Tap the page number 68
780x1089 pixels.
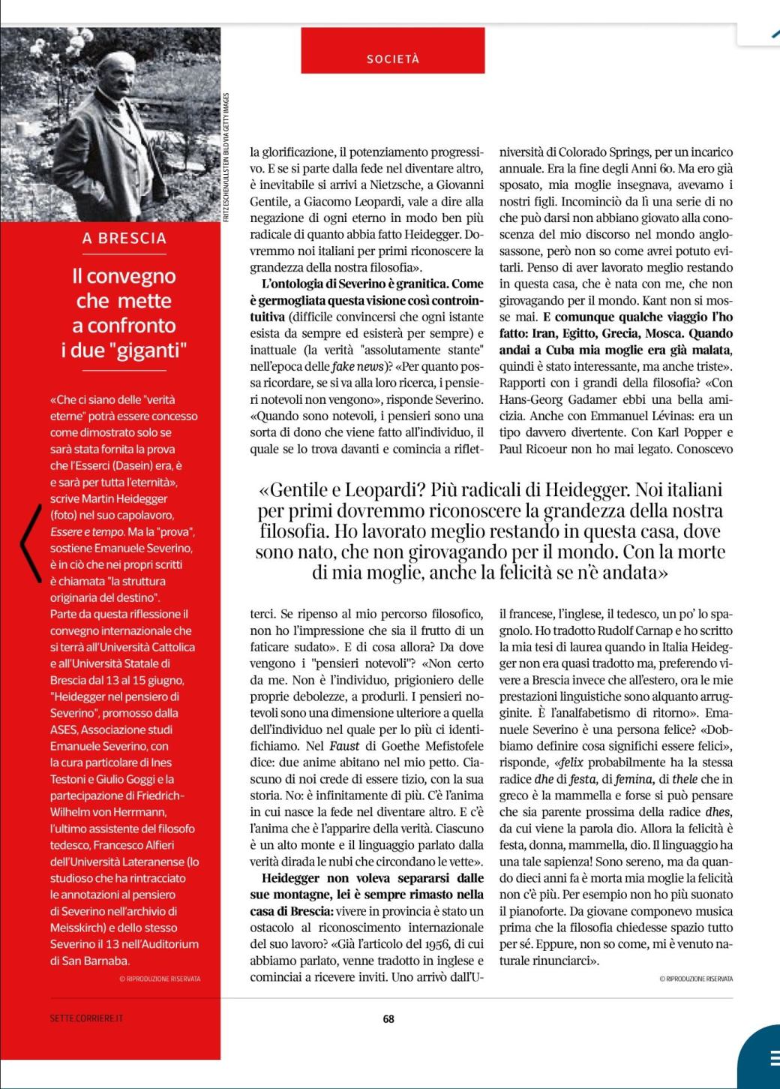click(388, 1018)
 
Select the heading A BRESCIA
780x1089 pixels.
click(124, 239)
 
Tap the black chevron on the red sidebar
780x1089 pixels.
click(29, 532)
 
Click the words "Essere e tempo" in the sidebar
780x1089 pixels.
click(80, 531)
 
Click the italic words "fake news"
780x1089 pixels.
click(355, 366)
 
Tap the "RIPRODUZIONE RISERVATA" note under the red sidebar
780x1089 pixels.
click(160, 979)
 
